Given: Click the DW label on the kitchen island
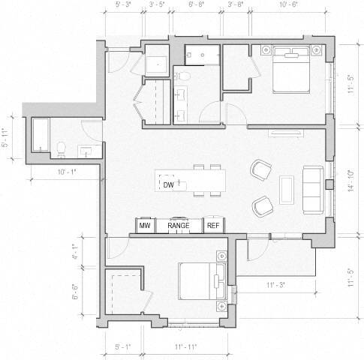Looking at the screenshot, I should [x=169, y=184].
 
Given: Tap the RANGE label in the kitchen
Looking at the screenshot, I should [x=179, y=225].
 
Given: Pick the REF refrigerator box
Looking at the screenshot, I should [x=213, y=225].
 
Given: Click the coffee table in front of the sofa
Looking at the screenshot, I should [x=286, y=188].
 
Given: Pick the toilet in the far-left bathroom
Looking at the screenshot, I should [x=61, y=148].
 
